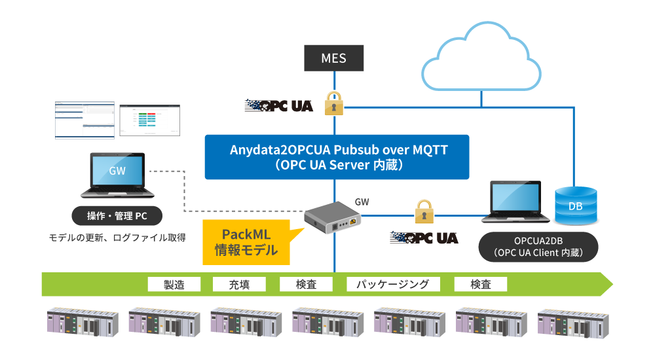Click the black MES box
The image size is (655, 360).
click(333, 58)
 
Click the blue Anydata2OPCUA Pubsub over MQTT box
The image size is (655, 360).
click(337, 157)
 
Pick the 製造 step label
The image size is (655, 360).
click(174, 284)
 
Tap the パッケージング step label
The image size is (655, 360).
click(392, 284)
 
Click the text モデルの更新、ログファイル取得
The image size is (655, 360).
click(117, 238)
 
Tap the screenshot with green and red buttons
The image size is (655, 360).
click(149, 120)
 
